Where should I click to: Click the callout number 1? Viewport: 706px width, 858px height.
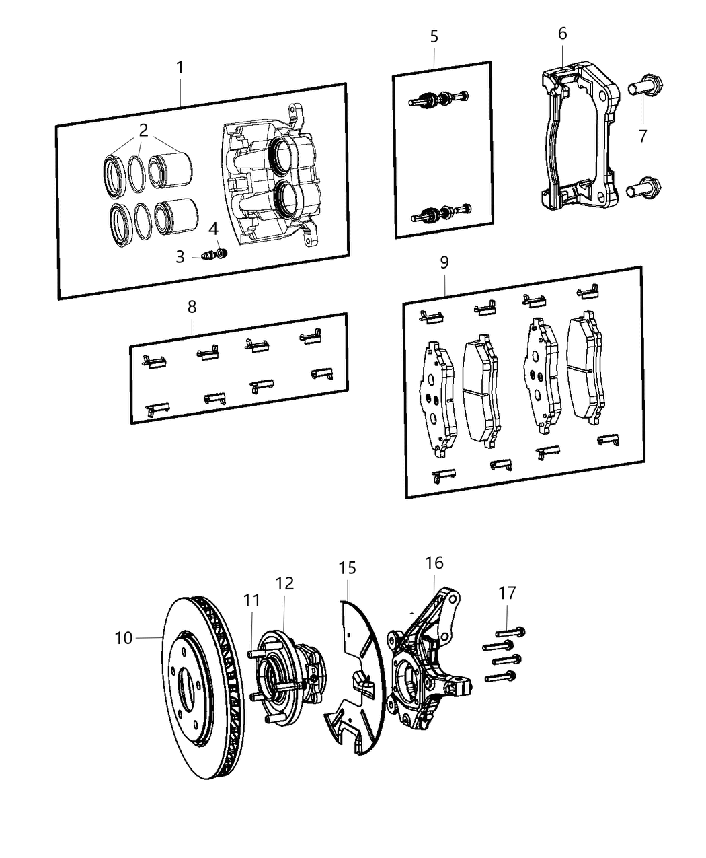coord(180,67)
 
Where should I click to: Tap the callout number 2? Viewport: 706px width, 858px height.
coord(143,130)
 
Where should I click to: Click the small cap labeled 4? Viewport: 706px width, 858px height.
coord(223,253)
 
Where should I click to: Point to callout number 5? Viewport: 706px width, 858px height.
coord(434,36)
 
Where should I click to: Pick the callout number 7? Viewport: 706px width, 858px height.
coord(643,136)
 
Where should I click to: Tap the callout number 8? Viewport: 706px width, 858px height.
coord(192,307)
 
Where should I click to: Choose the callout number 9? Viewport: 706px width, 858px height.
coord(444,262)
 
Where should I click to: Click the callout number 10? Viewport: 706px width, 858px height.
coord(124,637)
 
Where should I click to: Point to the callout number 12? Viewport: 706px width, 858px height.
coord(284,583)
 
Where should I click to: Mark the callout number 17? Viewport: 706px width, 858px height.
coord(507,593)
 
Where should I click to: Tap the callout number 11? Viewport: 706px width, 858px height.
coord(251,600)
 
